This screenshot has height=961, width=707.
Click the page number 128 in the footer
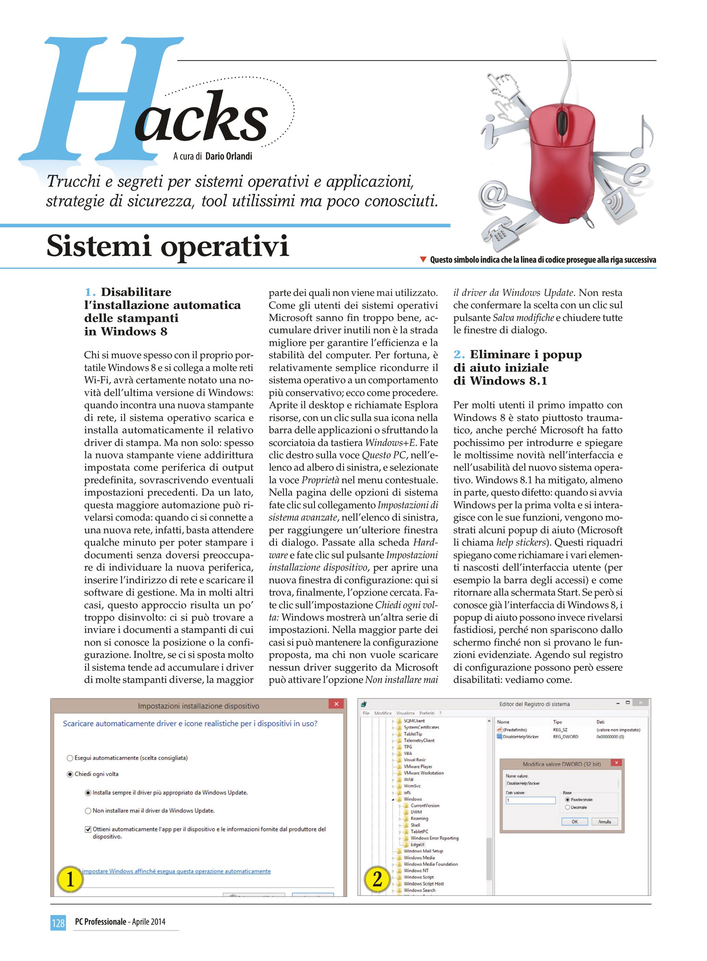click(58, 922)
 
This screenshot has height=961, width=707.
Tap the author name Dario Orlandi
click(228, 157)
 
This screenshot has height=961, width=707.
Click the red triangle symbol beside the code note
click(423, 259)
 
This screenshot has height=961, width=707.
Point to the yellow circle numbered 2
click(377, 879)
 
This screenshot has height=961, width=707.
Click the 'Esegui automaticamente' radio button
click(70, 758)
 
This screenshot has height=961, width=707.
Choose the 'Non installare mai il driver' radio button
click(88, 811)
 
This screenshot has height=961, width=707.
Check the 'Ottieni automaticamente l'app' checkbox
click(88, 829)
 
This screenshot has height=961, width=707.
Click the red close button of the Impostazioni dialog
click(336, 704)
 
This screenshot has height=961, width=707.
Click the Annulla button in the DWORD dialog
click(604, 821)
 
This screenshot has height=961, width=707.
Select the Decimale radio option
click(567, 807)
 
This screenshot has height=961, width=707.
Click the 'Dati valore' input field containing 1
click(531, 800)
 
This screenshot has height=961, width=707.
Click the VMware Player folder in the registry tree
click(418, 766)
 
